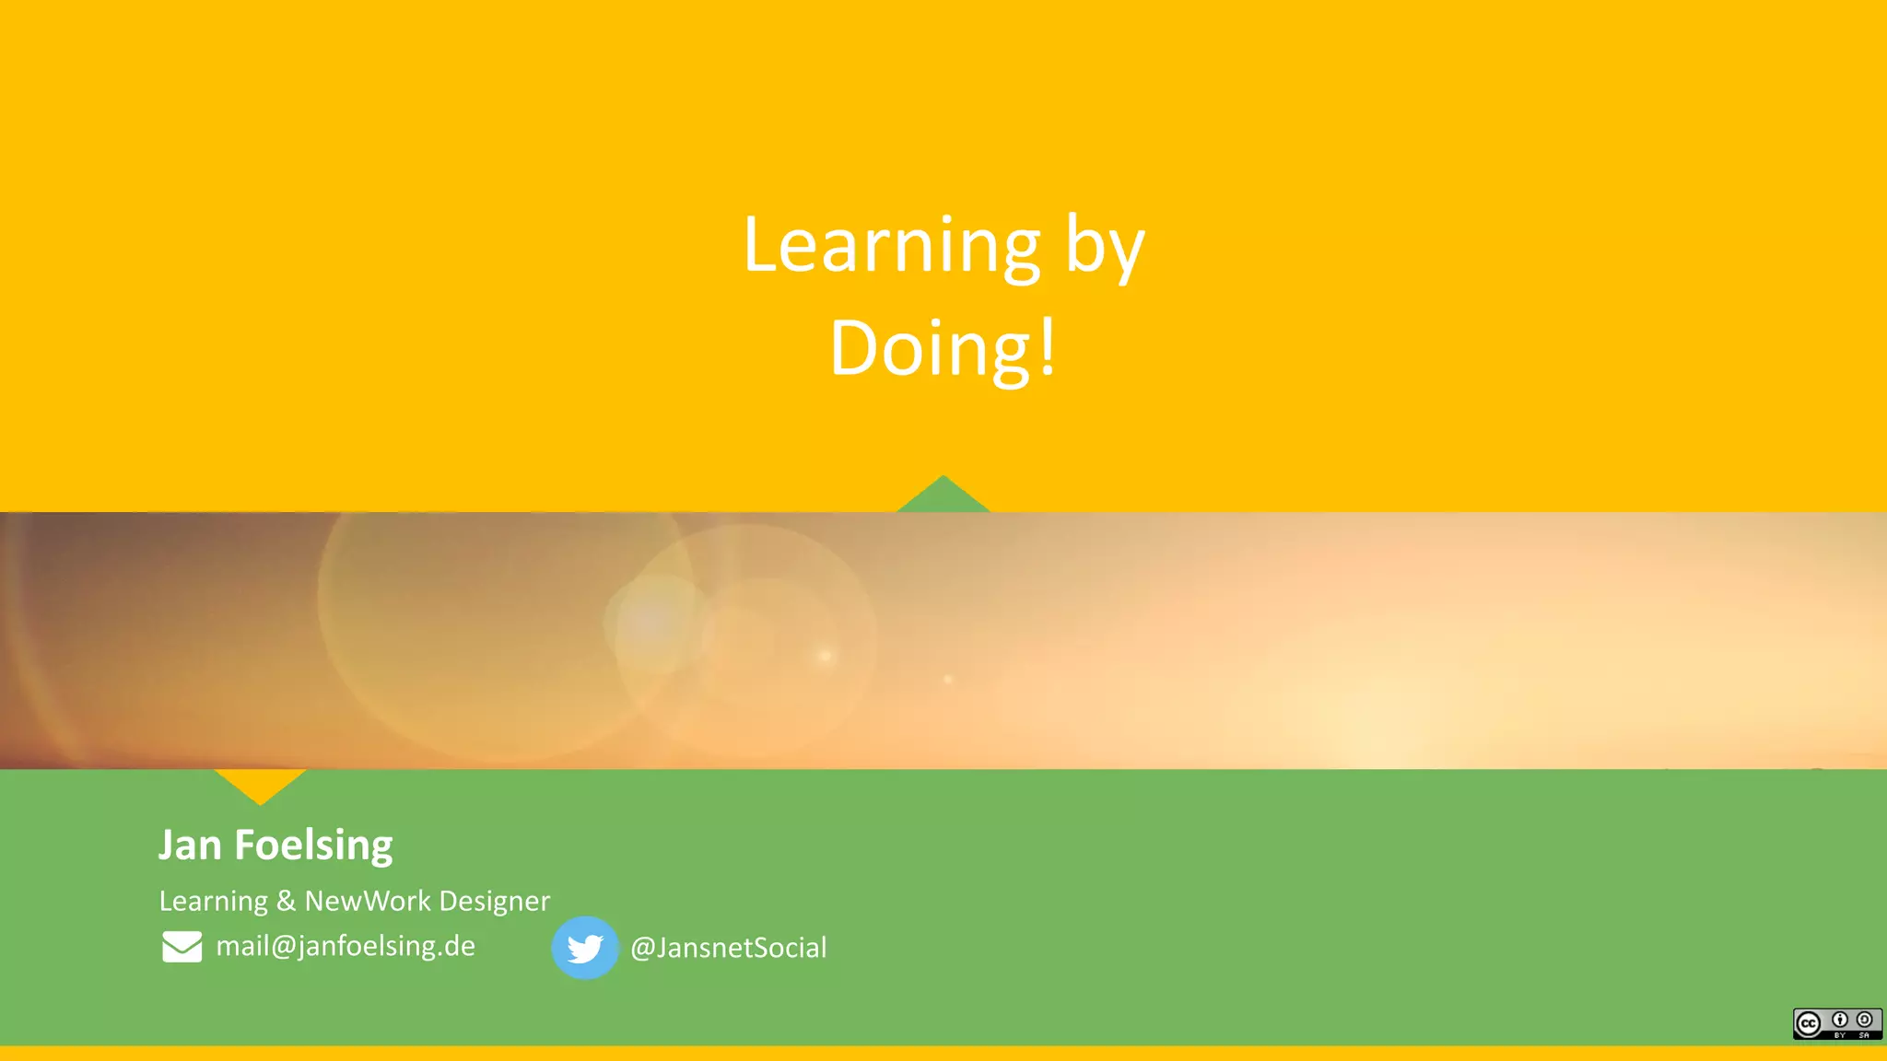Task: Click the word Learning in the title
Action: point(891,246)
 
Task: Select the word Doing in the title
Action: point(930,349)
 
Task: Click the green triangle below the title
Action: point(943,497)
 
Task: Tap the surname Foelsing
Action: point(313,845)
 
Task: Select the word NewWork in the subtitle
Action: point(368,900)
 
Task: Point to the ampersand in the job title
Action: point(287,900)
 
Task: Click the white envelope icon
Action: point(182,947)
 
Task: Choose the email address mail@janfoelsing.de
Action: point(346,946)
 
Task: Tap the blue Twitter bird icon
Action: point(585,948)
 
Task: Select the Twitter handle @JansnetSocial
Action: point(728,948)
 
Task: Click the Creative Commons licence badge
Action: point(1837,1023)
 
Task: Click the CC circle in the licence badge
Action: point(1809,1023)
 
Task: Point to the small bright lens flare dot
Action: point(826,656)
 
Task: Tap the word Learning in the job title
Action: point(214,900)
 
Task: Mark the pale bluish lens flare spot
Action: point(652,623)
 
